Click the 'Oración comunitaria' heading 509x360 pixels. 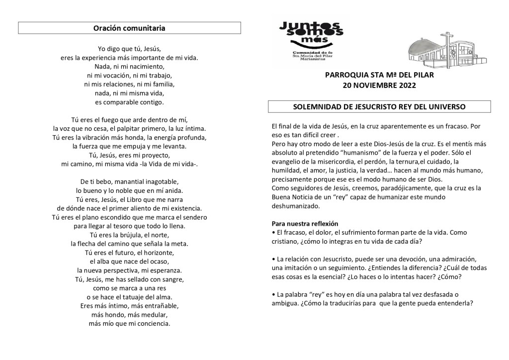[x=129, y=28]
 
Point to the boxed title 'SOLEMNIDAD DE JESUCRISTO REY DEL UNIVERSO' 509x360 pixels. [x=379, y=107]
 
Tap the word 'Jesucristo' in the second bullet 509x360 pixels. [x=342, y=259]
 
